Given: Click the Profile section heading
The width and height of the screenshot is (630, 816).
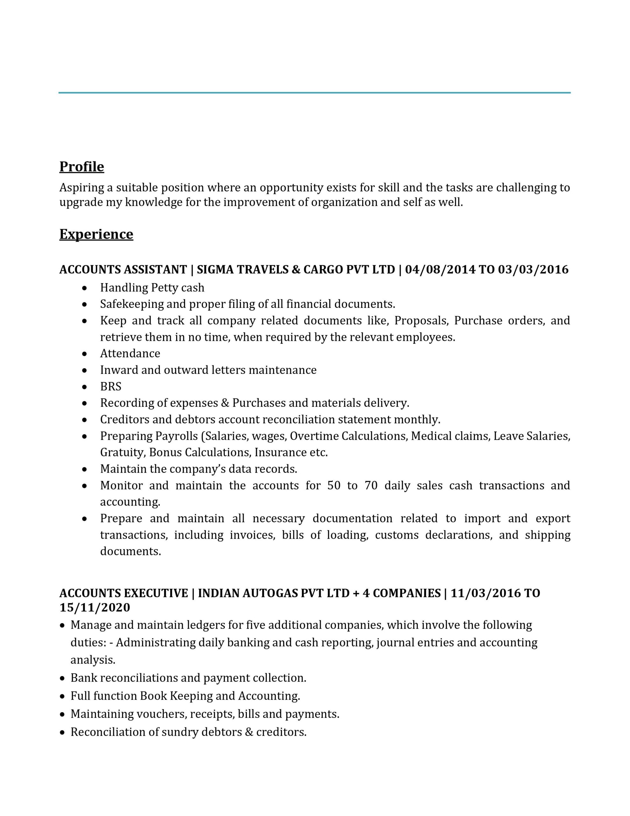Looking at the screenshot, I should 82,167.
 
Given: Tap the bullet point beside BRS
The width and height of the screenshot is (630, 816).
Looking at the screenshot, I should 85,387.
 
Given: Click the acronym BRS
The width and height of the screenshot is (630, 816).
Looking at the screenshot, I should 111,386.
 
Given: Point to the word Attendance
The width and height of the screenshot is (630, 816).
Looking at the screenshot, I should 130,353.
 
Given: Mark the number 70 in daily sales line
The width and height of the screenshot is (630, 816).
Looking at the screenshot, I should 371,486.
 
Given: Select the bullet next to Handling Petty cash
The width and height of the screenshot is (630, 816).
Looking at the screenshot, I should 85,288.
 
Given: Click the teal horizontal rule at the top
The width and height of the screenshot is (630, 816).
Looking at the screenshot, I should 314,93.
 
